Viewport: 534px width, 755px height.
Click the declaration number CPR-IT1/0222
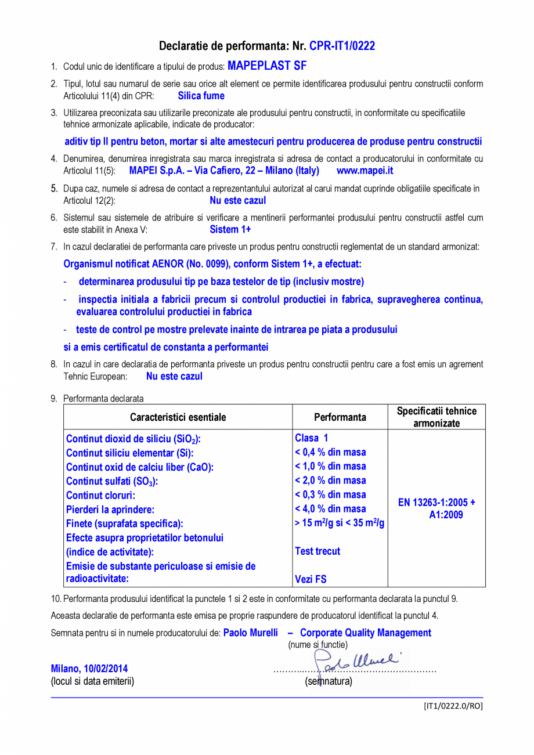point(342,46)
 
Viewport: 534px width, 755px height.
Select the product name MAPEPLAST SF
point(267,66)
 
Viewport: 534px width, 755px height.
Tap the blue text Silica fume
point(201,96)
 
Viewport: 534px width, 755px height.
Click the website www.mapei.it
point(365,171)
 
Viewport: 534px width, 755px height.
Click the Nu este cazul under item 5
point(237,200)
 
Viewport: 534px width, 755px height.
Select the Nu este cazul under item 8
point(174,376)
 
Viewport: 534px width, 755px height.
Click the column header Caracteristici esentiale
point(178,417)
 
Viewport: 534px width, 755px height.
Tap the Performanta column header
point(340,417)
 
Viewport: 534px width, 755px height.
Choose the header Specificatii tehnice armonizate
point(436,417)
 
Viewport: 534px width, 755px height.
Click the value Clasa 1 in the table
point(311,438)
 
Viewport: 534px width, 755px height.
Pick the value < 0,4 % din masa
point(330,452)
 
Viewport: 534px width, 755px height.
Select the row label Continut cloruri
point(100,496)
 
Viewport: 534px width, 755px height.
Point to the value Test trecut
point(317,551)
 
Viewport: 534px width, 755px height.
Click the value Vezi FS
point(311,579)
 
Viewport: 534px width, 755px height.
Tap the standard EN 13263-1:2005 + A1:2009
point(436,508)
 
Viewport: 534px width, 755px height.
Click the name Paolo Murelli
point(250,633)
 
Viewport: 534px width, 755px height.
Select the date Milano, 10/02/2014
point(89,669)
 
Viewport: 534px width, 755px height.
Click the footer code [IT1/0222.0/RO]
point(452,706)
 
